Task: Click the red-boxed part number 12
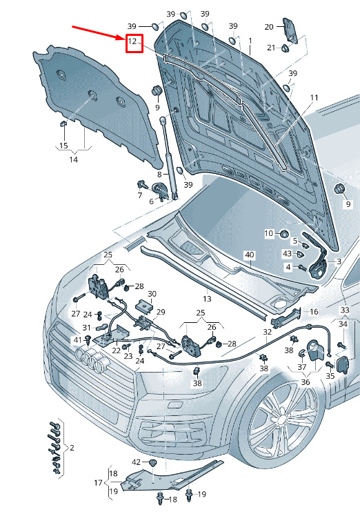(132, 41)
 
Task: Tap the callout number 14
(73, 159)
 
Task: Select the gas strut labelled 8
(168, 158)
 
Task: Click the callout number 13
(207, 299)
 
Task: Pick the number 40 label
(250, 255)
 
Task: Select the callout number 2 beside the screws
(72, 447)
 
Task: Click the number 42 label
(137, 462)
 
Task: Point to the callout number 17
(98, 482)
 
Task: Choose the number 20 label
(268, 26)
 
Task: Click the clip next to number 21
(284, 48)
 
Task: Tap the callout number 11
(314, 98)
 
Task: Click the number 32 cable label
(268, 332)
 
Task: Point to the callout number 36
(306, 382)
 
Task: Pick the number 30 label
(152, 294)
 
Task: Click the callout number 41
(77, 340)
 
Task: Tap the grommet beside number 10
(284, 234)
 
